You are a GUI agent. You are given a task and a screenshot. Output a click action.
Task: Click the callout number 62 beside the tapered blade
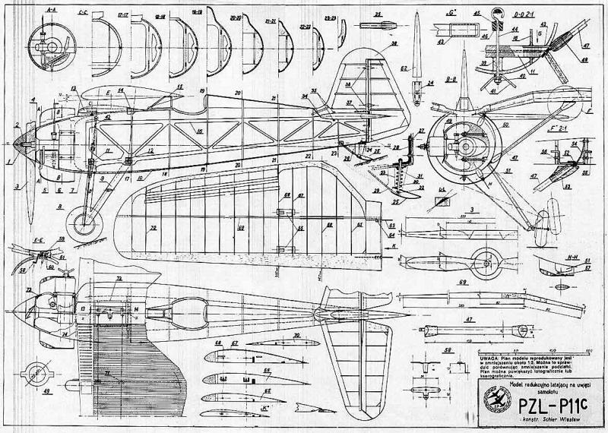click(404, 68)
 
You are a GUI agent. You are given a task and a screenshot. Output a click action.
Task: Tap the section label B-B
click(450, 77)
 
